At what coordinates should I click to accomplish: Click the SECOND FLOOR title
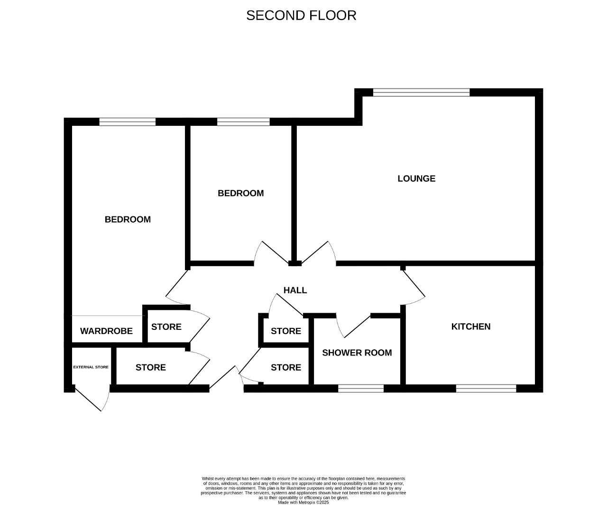pyautogui.click(x=301, y=15)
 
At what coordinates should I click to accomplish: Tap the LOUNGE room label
pyautogui.click(x=416, y=178)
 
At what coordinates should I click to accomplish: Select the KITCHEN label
pyautogui.click(x=470, y=327)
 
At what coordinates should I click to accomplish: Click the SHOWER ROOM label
pyautogui.click(x=357, y=353)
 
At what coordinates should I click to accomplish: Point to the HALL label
pyautogui.click(x=295, y=290)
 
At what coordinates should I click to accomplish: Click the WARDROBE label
pyautogui.click(x=106, y=331)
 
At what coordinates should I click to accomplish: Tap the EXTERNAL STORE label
pyautogui.click(x=91, y=367)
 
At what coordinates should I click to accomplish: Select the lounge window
pyautogui.click(x=421, y=92)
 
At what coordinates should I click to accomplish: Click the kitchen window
pyautogui.click(x=486, y=388)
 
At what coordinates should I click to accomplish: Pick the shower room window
pyautogui.click(x=361, y=388)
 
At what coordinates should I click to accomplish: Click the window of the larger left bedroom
pyautogui.click(x=128, y=122)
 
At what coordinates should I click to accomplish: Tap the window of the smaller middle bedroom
pyautogui.click(x=243, y=122)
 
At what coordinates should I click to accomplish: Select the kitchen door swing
pyautogui.click(x=414, y=287)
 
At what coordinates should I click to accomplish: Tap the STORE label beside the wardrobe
pyautogui.click(x=166, y=327)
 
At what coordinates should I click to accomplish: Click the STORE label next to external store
pyautogui.click(x=151, y=367)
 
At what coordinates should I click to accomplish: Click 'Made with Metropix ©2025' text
pyautogui.click(x=303, y=502)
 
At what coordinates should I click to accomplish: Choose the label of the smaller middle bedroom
pyautogui.click(x=241, y=193)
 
